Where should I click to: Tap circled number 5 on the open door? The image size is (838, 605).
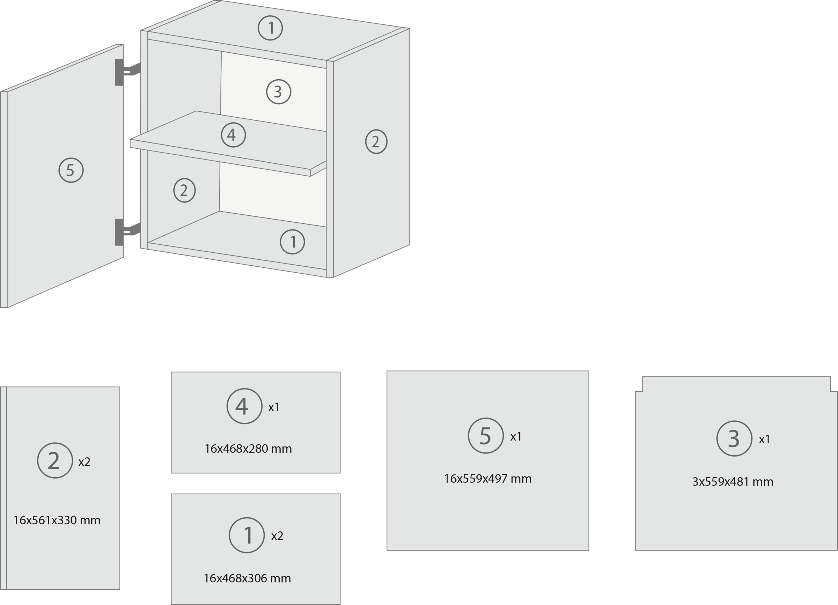[x=71, y=170]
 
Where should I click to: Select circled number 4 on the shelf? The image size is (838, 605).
[x=233, y=135]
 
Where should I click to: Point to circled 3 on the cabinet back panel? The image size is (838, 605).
[x=279, y=91]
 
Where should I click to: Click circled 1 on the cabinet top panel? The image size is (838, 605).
[x=270, y=28]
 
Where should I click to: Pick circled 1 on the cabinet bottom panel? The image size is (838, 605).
[x=292, y=242]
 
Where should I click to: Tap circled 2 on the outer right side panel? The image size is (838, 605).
[x=376, y=141]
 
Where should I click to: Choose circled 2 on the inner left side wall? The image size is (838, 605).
[x=184, y=190]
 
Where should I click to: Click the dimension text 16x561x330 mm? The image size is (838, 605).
[x=57, y=521]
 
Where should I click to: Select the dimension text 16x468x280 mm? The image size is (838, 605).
[x=248, y=449]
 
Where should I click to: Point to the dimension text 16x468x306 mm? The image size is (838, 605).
[x=247, y=578]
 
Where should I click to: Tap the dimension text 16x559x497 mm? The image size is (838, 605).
[x=487, y=479]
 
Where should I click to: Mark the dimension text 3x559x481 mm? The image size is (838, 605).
[x=732, y=482]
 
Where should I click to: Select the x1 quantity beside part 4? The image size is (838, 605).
[x=274, y=407]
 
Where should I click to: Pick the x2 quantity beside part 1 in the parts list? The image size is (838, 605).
[x=277, y=536]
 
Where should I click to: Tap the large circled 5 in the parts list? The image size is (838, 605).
[x=485, y=436]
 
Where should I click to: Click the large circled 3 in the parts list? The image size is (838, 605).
[x=734, y=439]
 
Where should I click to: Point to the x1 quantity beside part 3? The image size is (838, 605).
[x=764, y=440]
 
